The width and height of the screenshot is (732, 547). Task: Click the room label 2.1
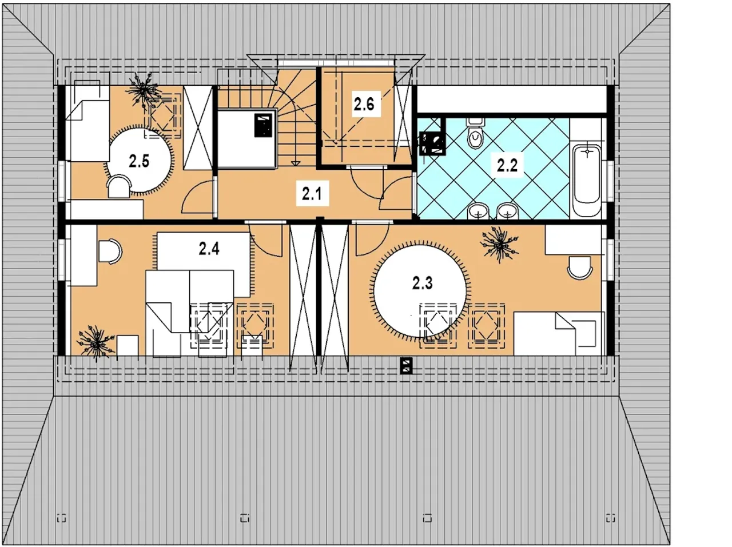click(x=312, y=194)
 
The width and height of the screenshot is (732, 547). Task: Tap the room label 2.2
click(x=507, y=166)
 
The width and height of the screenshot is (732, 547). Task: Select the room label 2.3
click(x=422, y=284)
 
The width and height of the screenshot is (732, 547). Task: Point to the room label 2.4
click(x=209, y=249)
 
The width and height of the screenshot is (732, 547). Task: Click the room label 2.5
click(x=139, y=162)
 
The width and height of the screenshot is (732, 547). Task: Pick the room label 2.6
click(x=364, y=105)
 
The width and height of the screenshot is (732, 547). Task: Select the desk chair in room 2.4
click(x=110, y=251)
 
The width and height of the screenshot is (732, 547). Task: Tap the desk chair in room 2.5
click(x=119, y=187)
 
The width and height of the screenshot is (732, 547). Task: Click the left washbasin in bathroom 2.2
click(x=478, y=211)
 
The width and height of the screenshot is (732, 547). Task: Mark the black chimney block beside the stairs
click(x=263, y=125)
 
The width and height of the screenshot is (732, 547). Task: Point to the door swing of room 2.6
click(x=366, y=182)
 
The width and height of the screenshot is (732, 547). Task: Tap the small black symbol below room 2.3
click(x=406, y=365)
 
